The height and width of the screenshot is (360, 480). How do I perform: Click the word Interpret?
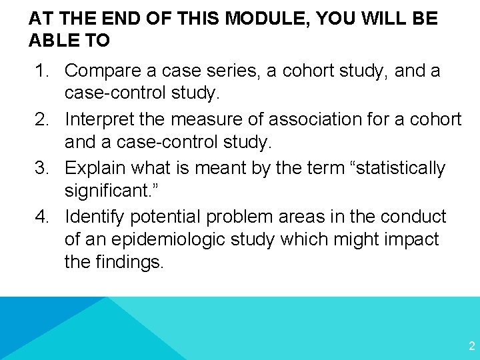(99, 119)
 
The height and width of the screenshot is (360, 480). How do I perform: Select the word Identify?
(95, 217)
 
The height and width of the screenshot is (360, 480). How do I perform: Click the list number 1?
(41, 70)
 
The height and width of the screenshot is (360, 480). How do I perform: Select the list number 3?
(41, 168)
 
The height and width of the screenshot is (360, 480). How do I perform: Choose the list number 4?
(41, 217)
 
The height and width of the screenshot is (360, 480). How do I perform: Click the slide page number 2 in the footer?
(471, 345)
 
